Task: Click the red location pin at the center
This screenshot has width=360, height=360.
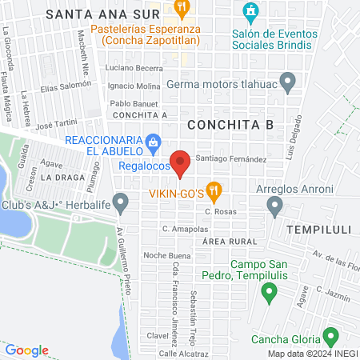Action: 181,162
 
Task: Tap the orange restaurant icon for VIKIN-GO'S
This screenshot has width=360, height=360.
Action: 213,191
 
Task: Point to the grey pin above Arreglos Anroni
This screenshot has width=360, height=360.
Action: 275,208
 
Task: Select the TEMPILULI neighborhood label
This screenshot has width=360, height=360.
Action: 321,229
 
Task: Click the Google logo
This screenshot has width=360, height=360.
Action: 26,350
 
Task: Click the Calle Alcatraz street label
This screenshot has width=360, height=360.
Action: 183,353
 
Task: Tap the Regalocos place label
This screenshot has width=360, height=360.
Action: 143,166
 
